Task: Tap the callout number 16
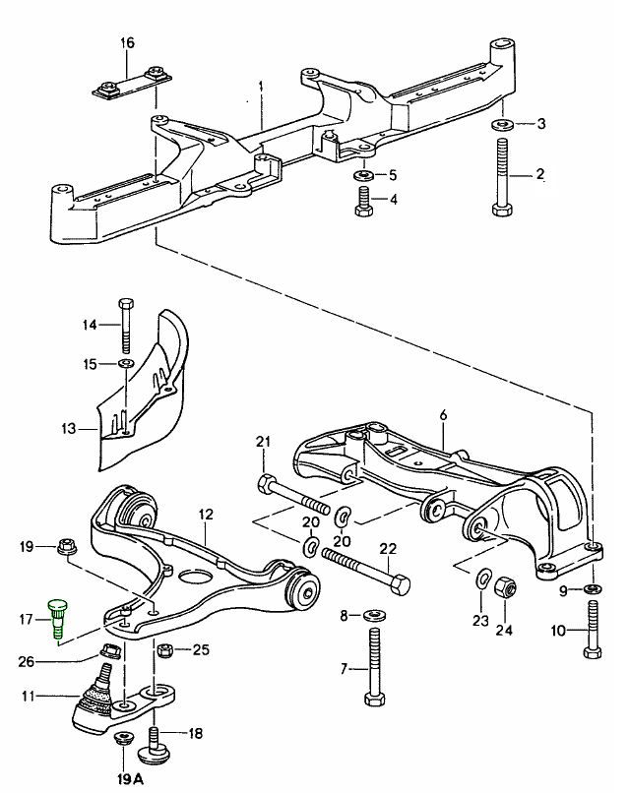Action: pyautogui.click(x=125, y=42)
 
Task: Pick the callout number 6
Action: pyautogui.click(x=443, y=416)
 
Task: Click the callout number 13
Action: pyautogui.click(x=66, y=429)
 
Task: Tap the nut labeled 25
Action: pyautogui.click(x=167, y=650)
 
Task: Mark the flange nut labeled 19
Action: pyautogui.click(x=68, y=547)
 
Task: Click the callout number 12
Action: pyautogui.click(x=206, y=514)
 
